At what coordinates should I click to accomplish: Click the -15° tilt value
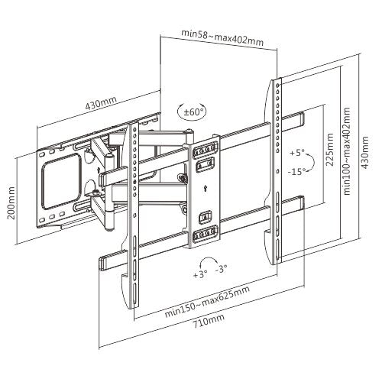tap(297, 173)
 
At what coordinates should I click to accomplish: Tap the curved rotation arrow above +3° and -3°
tap(212, 261)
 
